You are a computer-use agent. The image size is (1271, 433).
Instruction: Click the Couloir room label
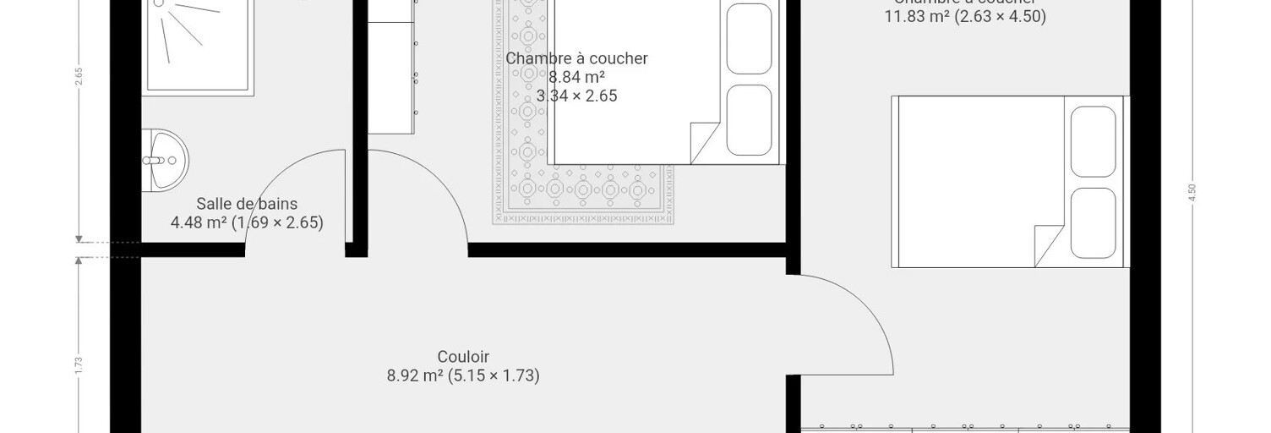pyautogui.click(x=463, y=357)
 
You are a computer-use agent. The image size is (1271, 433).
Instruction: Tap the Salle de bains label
pyautogui.click(x=247, y=204)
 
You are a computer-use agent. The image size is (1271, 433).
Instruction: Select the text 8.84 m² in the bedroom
pyautogui.click(x=576, y=78)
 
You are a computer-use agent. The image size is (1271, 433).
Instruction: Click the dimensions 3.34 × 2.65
pyautogui.click(x=576, y=96)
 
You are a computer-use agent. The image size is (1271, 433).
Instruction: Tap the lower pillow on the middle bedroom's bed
pyautogui.click(x=749, y=119)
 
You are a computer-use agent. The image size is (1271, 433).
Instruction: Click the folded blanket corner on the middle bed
pyautogui.click(x=704, y=142)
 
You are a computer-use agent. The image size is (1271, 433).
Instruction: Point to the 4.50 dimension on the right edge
pyautogui.click(x=1192, y=193)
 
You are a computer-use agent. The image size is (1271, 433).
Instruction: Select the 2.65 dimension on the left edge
pyautogui.click(x=78, y=76)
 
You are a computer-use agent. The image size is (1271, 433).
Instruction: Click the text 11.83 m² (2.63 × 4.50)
pyautogui.click(x=965, y=17)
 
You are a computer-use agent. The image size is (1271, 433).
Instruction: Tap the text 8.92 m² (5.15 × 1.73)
pyautogui.click(x=463, y=375)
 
